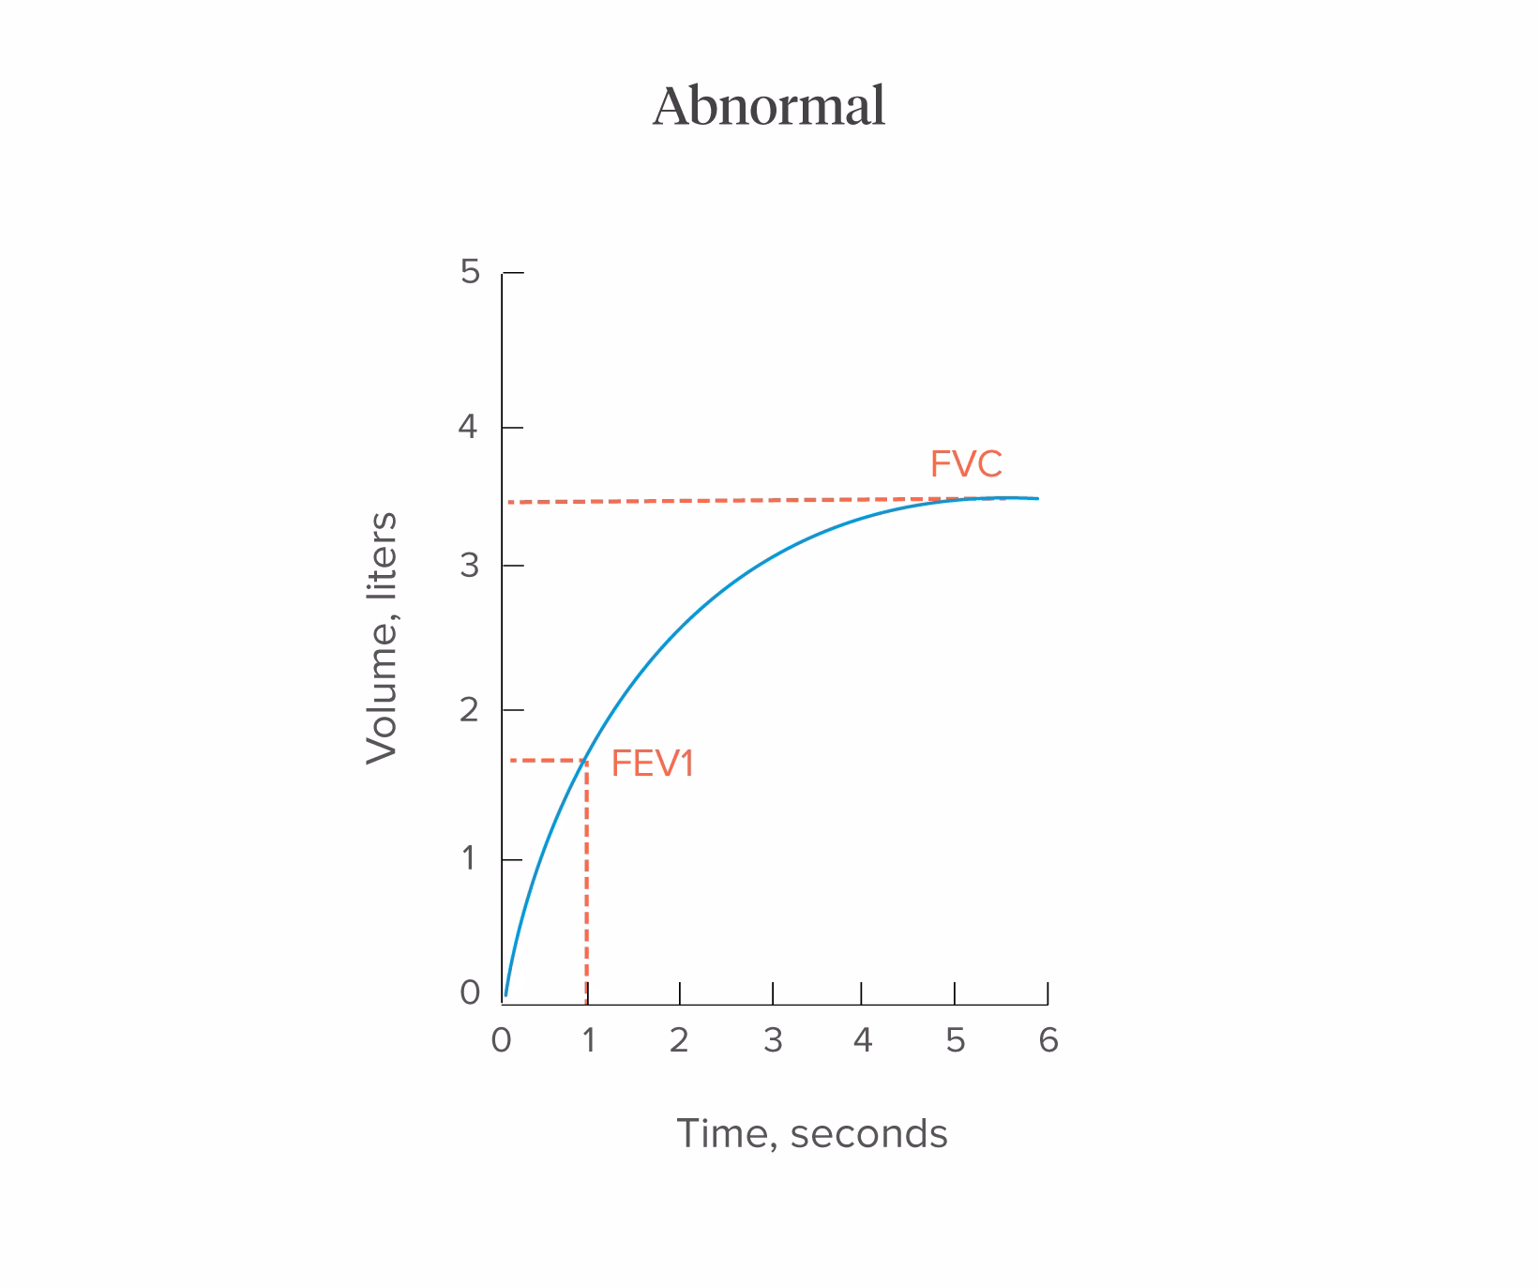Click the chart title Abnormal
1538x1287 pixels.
(x=769, y=106)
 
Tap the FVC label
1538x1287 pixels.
(x=966, y=464)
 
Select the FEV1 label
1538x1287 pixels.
(x=653, y=765)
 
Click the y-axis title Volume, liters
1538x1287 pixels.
(x=383, y=638)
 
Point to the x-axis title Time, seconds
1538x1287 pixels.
(x=812, y=1133)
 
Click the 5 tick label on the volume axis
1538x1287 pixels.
(x=470, y=272)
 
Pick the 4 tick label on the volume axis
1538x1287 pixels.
(x=468, y=428)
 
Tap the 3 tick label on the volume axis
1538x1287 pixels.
(x=469, y=566)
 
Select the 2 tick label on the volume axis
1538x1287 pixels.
(x=469, y=710)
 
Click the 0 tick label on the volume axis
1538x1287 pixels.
(x=470, y=992)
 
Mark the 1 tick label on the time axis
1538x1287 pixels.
(x=589, y=1040)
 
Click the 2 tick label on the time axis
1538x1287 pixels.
(x=679, y=1040)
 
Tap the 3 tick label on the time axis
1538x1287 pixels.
(x=773, y=1040)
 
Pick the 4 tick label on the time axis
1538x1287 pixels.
(x=863, y=1040)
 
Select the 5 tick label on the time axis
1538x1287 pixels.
(x=955, y=1040)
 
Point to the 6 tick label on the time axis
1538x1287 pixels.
(x=1048, y=1040)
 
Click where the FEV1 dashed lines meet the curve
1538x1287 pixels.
(x=587, y=760)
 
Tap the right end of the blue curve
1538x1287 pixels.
(x=1037, y=498)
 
